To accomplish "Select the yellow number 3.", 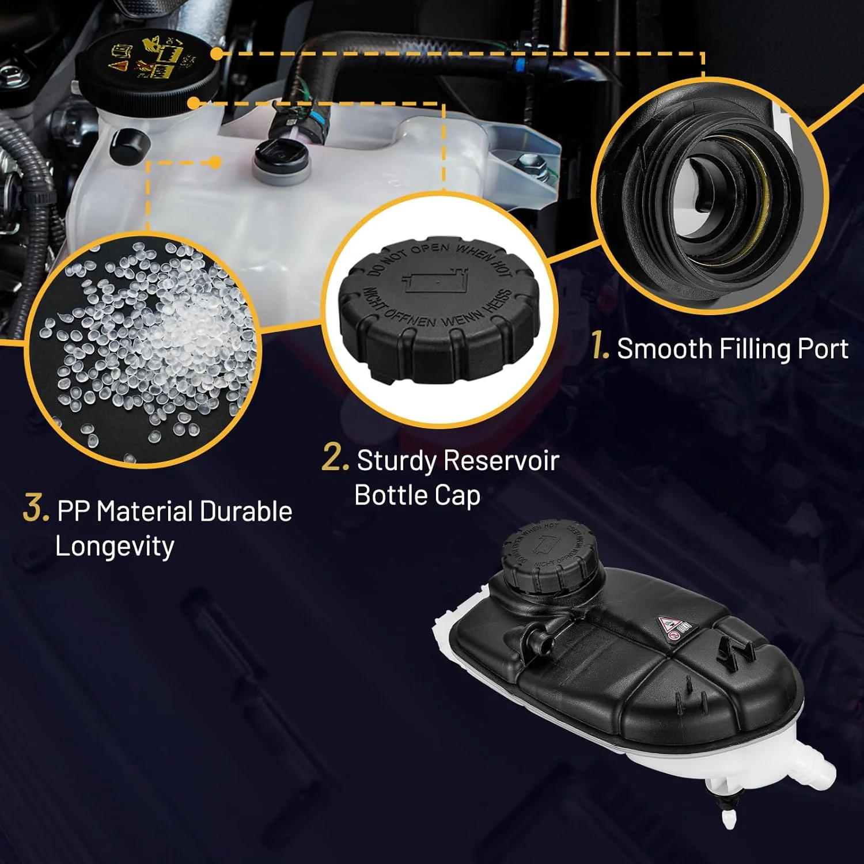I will pos(35,509).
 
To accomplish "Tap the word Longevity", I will pos(115,546).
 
